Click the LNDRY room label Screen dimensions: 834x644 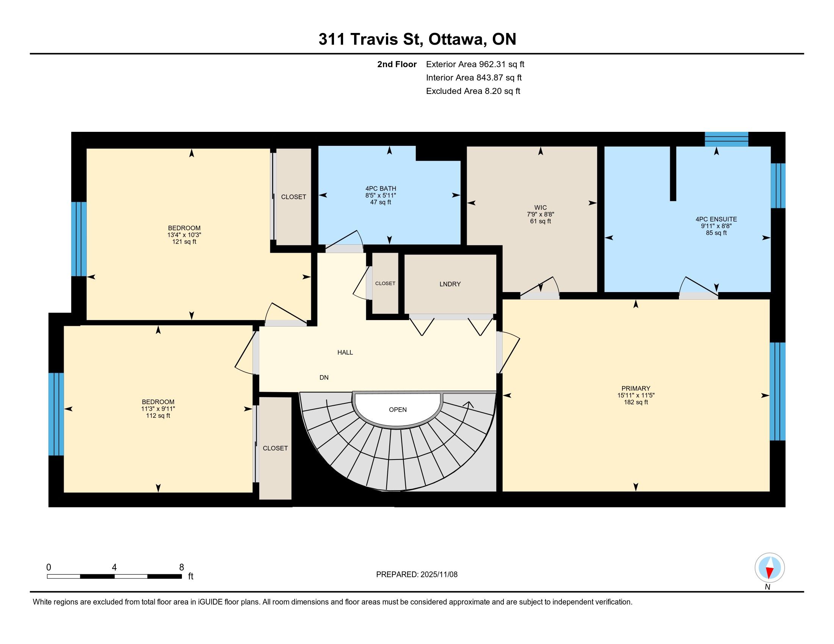(450, 284)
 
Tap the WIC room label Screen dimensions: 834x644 (540, 208)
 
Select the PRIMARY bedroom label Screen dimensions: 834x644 (636, 388)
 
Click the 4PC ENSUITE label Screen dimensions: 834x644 (716, 219)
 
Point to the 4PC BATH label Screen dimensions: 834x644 (381, 189)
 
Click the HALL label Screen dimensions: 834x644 (345, 353)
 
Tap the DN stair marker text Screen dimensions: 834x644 (324, 378)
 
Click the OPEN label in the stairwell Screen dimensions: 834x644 (398, 410)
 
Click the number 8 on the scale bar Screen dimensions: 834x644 (181, 567)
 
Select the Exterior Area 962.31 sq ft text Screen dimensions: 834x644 (475, 64)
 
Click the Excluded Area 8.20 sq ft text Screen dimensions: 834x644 (473, 91)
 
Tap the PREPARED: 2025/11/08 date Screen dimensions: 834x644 (417, 574)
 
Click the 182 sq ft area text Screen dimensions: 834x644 (636, 402)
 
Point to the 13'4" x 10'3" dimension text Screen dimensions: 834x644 (184, 235)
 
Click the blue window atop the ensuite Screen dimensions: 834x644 (726, 139)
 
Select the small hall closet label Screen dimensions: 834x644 (385, 283)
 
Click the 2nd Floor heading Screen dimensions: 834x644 (397, 64)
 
